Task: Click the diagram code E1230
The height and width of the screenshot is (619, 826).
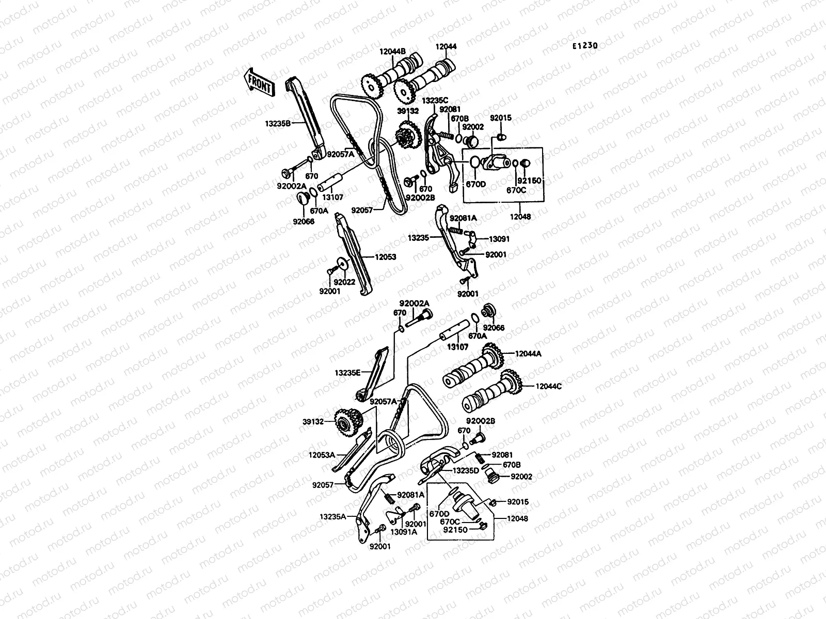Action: [x=584, y=46]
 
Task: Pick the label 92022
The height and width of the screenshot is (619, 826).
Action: [x=344, y=282]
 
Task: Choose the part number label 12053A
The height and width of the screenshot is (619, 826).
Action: [x=322, y=454]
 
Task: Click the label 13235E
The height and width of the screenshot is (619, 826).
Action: [x=347, y=372]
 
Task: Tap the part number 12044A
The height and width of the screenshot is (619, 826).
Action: [x=528, y=354]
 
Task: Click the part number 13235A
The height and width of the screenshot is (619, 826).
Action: [x=332, y=516]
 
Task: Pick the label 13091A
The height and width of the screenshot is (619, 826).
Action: [x=403, y=532]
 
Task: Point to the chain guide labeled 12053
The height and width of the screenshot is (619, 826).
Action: [x=353, y=255]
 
